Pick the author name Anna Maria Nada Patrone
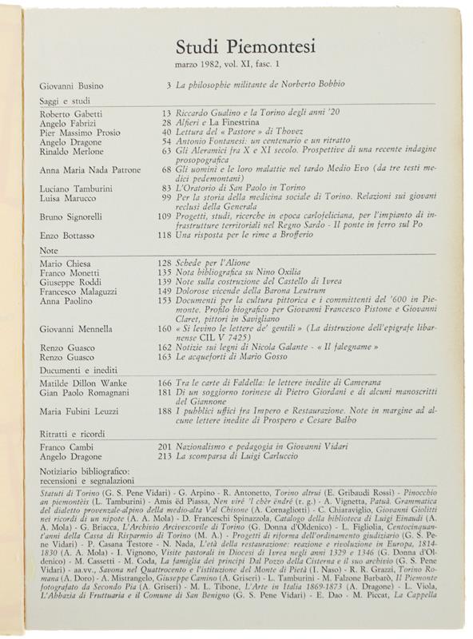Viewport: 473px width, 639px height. coord(89,169)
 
